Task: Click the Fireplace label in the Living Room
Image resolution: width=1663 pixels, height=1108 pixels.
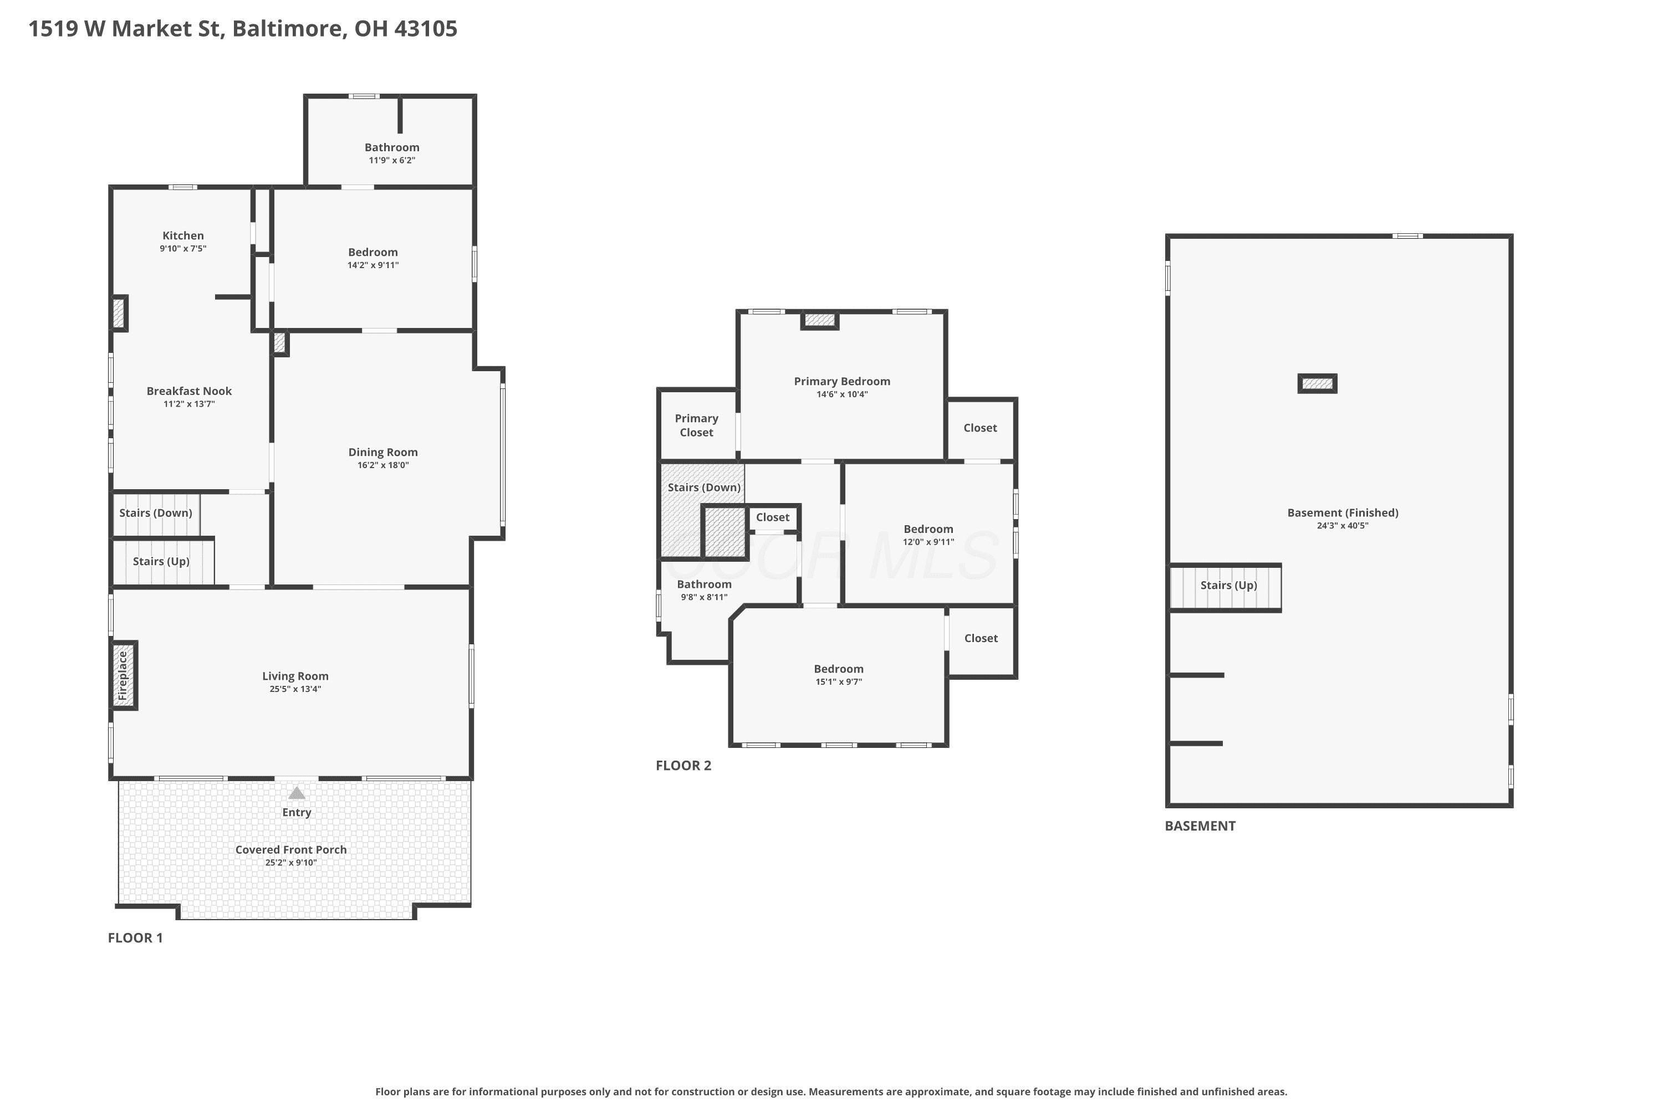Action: pos(123,675)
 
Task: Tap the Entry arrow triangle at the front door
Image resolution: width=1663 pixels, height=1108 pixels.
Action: pos(297,793)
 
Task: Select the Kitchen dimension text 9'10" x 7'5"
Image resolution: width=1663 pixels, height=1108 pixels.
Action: pos(183,249)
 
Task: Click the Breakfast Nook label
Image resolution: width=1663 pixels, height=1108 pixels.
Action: pos(189,391)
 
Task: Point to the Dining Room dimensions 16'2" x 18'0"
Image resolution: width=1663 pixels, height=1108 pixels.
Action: pos(383,465)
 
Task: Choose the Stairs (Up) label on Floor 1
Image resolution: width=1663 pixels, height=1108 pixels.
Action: pos(161,561)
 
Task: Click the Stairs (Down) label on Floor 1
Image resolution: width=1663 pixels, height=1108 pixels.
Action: pos(156,513)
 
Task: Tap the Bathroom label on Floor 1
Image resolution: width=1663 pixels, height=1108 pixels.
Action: pos(392,147)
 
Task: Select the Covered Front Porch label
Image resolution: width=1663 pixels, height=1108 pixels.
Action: pos(292,849)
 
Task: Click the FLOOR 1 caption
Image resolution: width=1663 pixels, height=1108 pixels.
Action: pos(135,938)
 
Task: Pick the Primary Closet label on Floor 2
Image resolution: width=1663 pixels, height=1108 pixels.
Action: pos(696,425)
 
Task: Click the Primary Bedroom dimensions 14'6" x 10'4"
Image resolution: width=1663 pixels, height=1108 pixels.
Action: pos(842,394)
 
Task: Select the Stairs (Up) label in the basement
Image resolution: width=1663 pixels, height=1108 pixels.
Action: pos(1229,585)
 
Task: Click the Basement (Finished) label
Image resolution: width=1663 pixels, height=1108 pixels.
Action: pos(1343,512)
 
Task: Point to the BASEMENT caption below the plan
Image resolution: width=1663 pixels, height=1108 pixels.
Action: pos(1200,826)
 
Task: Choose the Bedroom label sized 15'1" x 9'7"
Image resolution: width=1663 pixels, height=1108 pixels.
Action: pos(839,669)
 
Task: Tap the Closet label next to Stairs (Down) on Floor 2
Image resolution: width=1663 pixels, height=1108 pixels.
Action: pos(773,517)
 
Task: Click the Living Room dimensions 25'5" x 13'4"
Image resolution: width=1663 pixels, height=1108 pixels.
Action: pos(295,689)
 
